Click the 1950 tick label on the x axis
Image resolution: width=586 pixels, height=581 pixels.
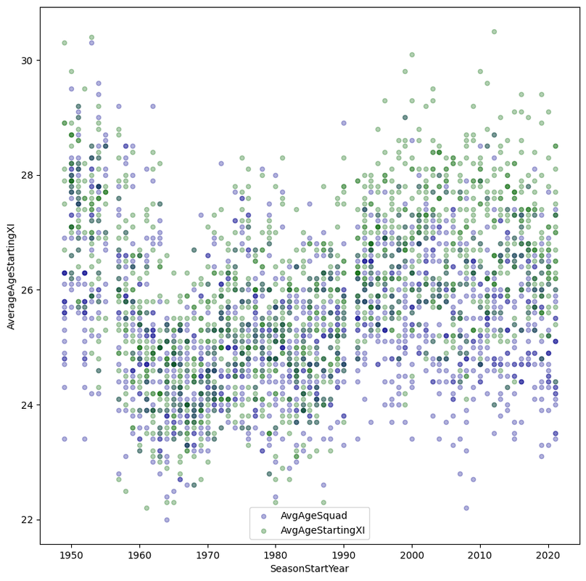tap(71, 555)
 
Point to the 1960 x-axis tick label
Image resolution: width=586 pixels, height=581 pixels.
tap(139, 555)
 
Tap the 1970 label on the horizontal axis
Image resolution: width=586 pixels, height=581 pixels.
tap(207, 555)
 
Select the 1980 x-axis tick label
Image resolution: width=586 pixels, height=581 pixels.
tap(276, 555)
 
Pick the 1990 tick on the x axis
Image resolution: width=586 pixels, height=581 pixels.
tap(344, 555)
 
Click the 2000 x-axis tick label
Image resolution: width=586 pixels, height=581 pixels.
tap(412, 555)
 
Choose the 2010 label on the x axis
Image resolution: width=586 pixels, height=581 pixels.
tap(480, 555)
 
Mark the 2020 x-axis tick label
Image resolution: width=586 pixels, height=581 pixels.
tap(548, 555)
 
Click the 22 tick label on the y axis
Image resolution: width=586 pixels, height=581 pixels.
tap(28, 520)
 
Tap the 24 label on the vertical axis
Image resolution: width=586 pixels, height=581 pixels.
tap(28, 405)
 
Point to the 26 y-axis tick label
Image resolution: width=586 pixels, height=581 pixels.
tap(28, 290)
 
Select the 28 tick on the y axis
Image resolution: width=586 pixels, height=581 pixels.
tap(28, 175)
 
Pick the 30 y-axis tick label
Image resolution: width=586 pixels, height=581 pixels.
tap(28, 60)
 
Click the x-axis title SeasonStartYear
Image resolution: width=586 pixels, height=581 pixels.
tap(310, 569)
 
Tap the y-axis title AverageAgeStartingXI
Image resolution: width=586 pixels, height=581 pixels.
tap(11, 275)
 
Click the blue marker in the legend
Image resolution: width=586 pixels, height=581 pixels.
tap(263, 516)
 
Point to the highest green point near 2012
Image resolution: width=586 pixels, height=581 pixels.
tap(494, 32)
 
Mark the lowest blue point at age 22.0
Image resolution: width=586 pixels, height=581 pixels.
tap(167, 520)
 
